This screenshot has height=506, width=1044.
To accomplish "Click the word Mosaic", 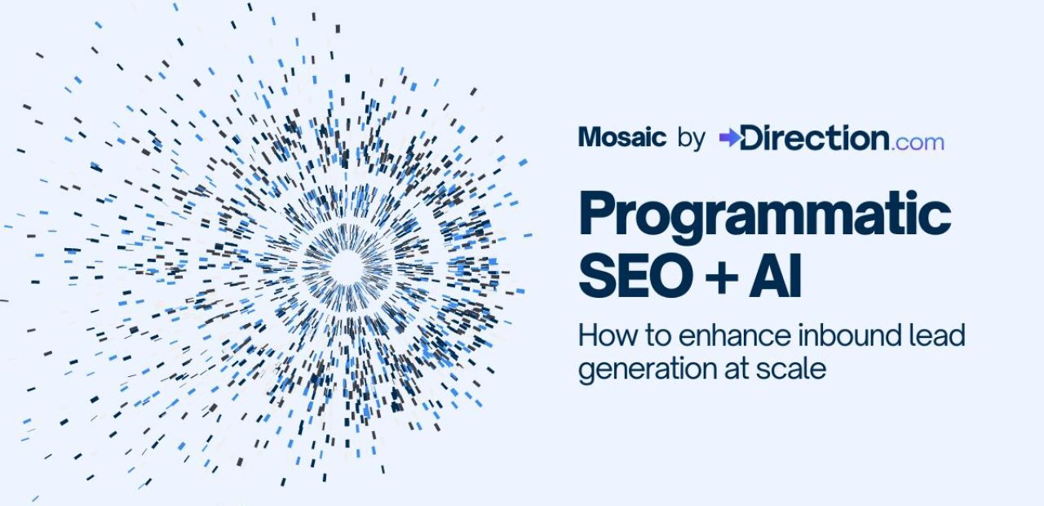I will point(622,137).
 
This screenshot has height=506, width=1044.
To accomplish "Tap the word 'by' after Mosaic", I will point(691,138).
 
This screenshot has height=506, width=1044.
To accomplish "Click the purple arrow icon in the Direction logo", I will point(729,138).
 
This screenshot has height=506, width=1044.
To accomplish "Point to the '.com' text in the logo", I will point(918,143).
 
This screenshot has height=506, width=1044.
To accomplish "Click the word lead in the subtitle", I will point(936,335).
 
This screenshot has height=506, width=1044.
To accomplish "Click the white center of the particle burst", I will point(347,267).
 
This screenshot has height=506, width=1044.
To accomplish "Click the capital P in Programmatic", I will point(598,214).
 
